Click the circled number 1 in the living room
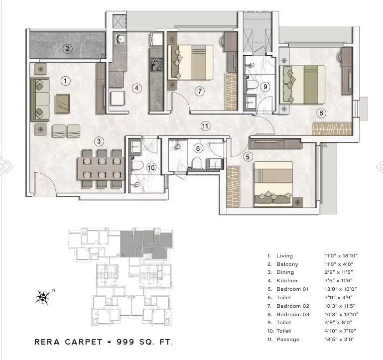(65, 80)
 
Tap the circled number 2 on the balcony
(68, 48)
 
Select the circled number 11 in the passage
(205, 126)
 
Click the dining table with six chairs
(102, 168)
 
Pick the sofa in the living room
(40, 99)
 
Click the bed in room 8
(303, 83)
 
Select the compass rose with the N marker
(44, 297)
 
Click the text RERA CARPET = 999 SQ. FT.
(104, 342)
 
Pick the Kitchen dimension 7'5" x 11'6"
(341, 280)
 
